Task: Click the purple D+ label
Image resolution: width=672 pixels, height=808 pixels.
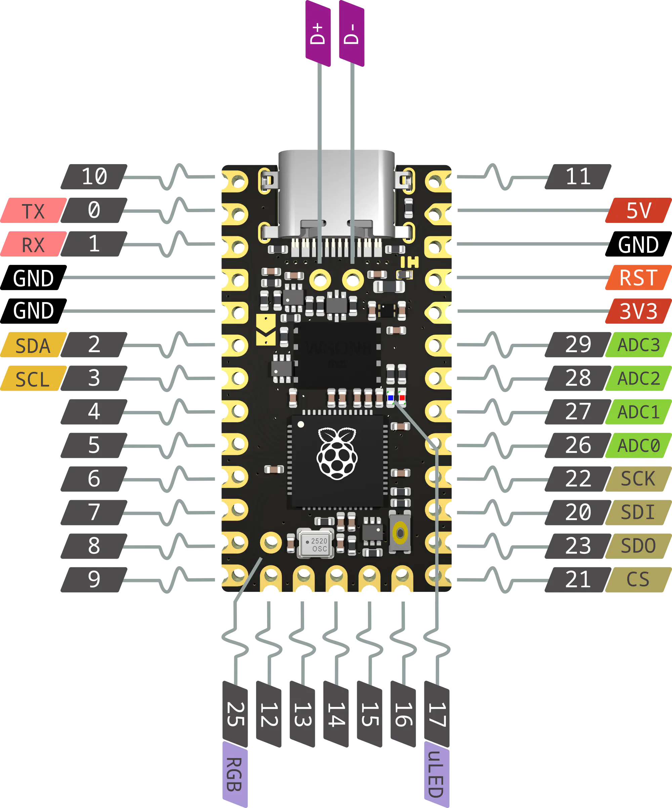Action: tap(318, 34)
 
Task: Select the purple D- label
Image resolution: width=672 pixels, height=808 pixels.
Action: tap(351, 34)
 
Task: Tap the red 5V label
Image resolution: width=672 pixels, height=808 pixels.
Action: tap(638, 210)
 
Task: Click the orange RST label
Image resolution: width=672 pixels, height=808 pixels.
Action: tap(638, 277)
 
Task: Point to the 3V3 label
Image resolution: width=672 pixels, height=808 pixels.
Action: tap(638, 311)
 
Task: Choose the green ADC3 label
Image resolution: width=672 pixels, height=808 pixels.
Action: tap(638, 345)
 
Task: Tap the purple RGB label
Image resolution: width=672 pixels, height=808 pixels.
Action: tap(234, 774)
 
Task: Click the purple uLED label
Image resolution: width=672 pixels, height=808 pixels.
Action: tap(436, 774)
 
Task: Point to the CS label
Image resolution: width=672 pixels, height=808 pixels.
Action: tap(638, 579)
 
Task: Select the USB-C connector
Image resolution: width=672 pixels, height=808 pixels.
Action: tap(336, 192)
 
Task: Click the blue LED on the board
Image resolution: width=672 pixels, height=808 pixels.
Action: tap(390, 398)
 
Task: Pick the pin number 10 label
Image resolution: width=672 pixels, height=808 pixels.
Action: tap(94, 177)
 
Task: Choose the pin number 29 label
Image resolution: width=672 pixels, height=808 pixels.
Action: tap(578, 344)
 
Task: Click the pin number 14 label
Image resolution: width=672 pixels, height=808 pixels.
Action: tap(336, 714)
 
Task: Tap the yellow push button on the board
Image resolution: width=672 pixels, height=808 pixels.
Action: tap(401, 533)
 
